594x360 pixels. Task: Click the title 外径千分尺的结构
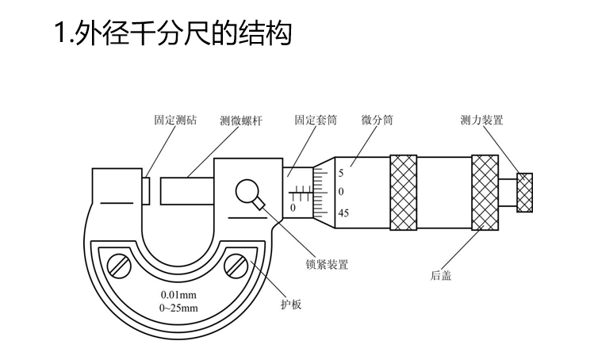tap(173, 34)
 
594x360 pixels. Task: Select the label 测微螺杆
tap(241, 121)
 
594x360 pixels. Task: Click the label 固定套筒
tap(315, 121)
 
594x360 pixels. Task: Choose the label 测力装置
tap(481, 121)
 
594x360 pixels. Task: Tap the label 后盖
tap(442, 276)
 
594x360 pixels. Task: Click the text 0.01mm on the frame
tap(178, 295)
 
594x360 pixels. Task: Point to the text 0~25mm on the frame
tap(178, 308)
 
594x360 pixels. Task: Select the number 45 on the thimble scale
tap(343, 213)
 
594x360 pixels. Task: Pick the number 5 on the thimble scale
tap(341, 172)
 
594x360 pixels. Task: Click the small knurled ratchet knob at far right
tap(524, 192)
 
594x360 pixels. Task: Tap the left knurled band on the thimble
tap(403, 192)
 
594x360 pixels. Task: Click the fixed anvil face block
tap(147, 191)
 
